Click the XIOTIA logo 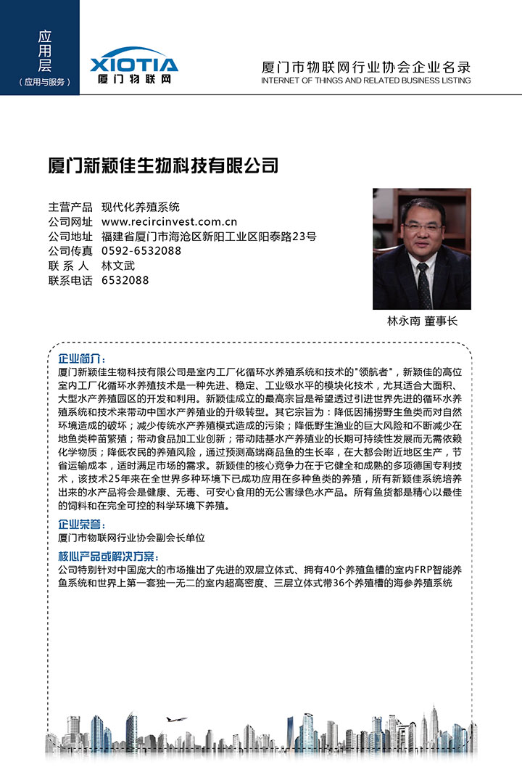coord(134,64)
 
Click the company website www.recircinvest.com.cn coord(170,221)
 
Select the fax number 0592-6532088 coord(141,251)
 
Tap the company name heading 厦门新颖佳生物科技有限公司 coord(163,165)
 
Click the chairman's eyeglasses coord(421,227)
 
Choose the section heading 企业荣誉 coord(82,525)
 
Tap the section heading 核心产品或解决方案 coord(107,557)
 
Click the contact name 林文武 coord(118,266)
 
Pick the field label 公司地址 coord(70,237)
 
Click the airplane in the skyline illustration coord(175,719)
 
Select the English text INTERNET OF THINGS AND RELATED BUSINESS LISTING coord(365,81)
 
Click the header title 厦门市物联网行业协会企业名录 coord(365,67)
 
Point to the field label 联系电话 coord(70,280)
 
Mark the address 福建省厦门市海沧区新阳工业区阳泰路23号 coord(209,237)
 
